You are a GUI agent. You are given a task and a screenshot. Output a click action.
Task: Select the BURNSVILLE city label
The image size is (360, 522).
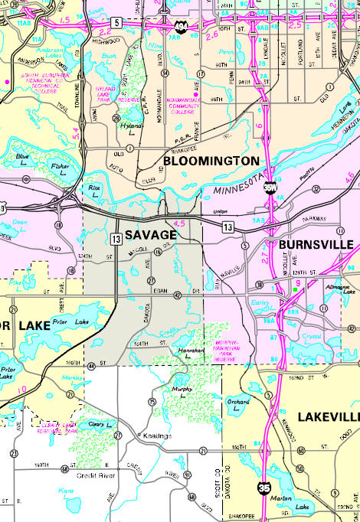[315, 244]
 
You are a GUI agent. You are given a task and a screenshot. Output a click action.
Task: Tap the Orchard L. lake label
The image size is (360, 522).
[238, 406]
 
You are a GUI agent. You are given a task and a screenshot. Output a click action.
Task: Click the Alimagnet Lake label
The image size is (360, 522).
[339, 289]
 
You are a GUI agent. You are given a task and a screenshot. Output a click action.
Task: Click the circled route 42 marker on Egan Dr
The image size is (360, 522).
[176, 295]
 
